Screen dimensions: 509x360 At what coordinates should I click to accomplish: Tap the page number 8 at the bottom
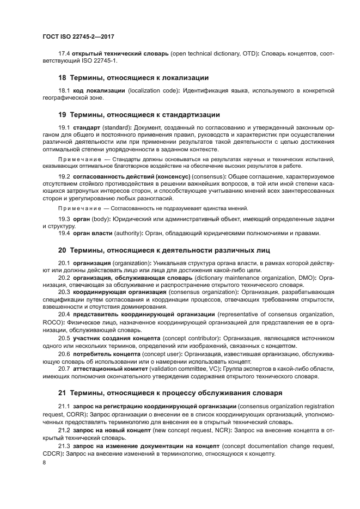coord(44,463)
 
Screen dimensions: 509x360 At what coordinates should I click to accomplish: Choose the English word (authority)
coord(132,234)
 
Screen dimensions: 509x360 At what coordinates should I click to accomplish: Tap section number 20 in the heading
coord(62,250)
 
